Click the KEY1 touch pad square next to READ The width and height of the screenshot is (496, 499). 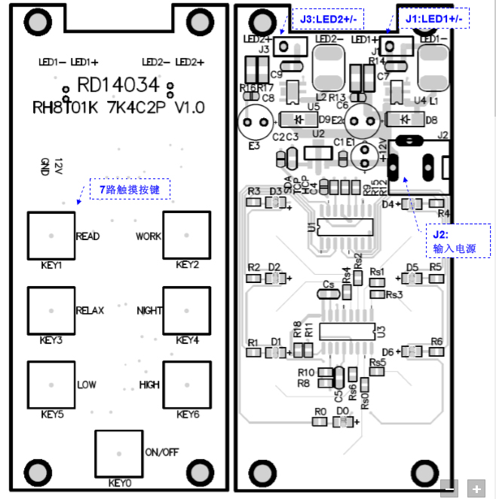(51, 236)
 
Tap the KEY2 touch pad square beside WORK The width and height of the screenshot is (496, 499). (186, 236)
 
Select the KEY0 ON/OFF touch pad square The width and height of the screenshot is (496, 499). (118, 454)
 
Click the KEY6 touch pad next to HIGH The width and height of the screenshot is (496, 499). (186, 385)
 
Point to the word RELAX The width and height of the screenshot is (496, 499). (90, 311)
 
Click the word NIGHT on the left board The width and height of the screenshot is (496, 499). (148, 311)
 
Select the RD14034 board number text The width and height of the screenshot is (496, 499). (118, 84)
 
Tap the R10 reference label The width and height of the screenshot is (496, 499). (305, 373)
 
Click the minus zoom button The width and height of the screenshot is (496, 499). (449, 488)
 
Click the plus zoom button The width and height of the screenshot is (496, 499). (476, 488)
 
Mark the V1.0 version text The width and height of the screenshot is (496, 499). (189, 108)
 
